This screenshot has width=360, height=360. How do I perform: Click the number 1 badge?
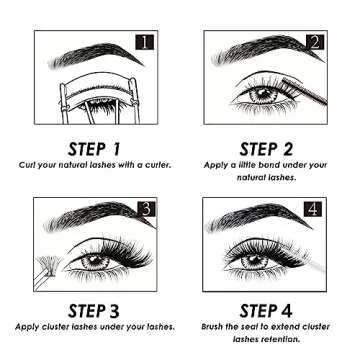tap(145, 42)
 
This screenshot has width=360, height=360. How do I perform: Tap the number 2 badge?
tap(315, 42)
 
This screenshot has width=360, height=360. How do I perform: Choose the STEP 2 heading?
tap(267, 149)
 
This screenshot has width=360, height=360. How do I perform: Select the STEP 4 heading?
tap(267, 309)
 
